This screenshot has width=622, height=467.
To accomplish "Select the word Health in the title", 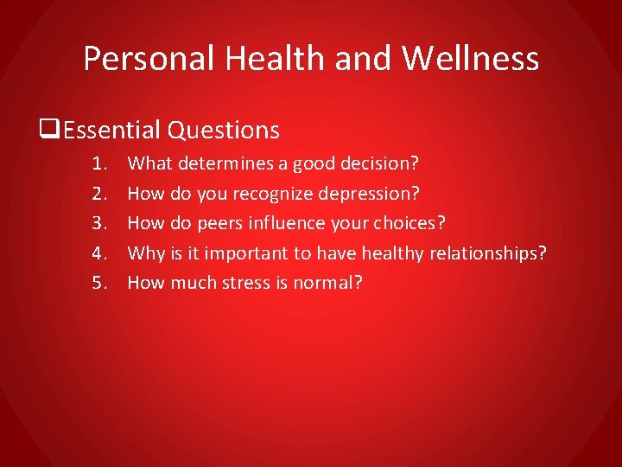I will (264, 59).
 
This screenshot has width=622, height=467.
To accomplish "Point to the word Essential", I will (111, 131).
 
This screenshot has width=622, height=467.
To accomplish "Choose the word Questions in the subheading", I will (224, 131).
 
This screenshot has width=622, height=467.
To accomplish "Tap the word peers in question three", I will (219, 223).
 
